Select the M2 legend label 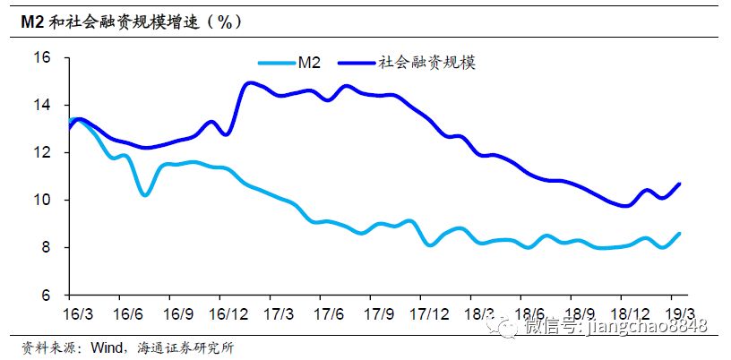coord(309,62)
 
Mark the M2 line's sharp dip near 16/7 coord(145,194)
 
